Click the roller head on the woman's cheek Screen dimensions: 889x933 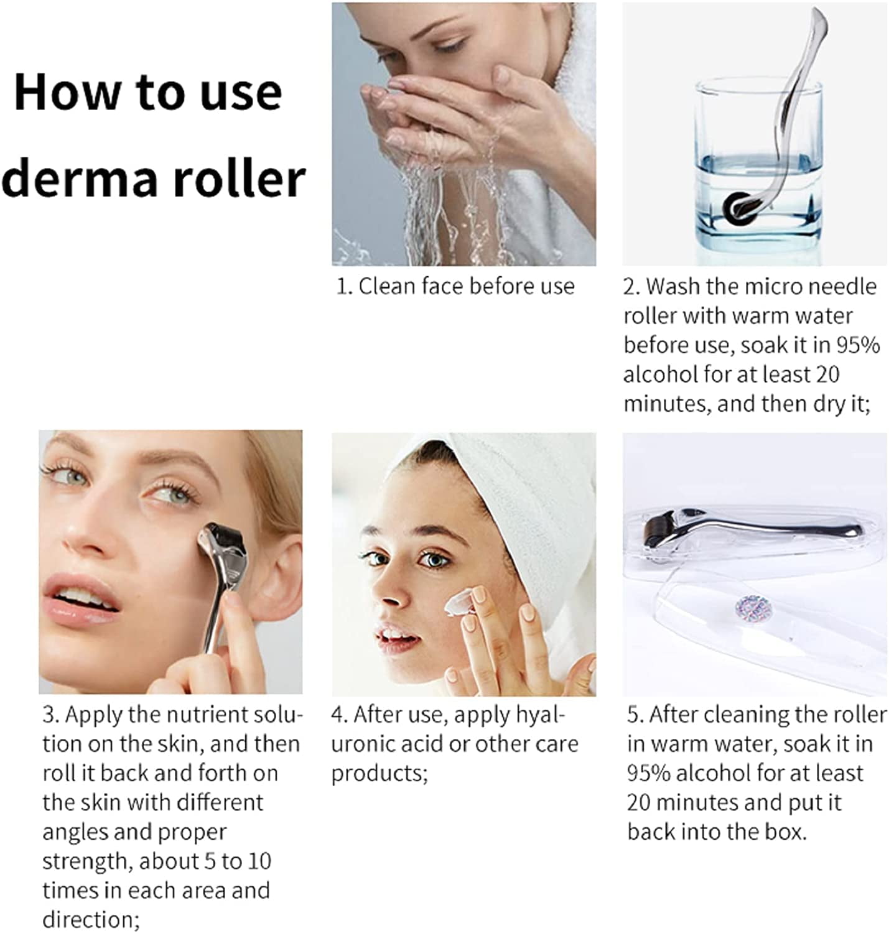[223, 543]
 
